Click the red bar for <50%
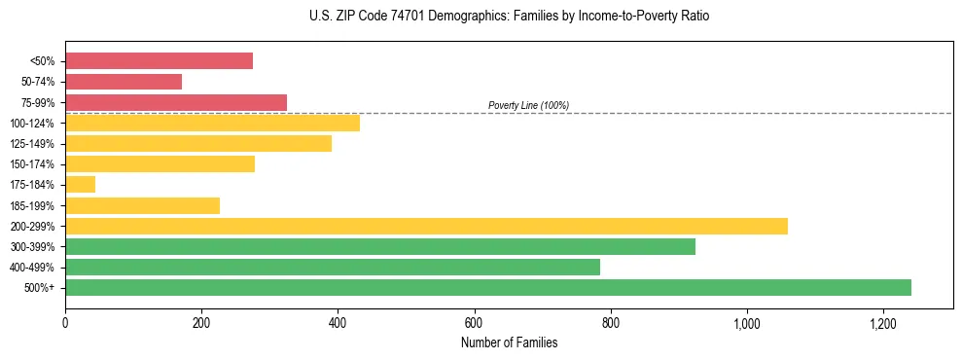click(159, 61)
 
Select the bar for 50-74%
click(124, 82)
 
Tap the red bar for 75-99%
click(176, 102)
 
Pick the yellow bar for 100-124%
click(212, 123)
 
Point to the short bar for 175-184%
click(80, 184)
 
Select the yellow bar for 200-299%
click(426, 226)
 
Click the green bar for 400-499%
click(333, 267)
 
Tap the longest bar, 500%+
click(488, 287)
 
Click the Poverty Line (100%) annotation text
click(528, 105)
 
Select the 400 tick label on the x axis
click(338, 323)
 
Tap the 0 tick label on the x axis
click(65, 323)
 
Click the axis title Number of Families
click(509, 342)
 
